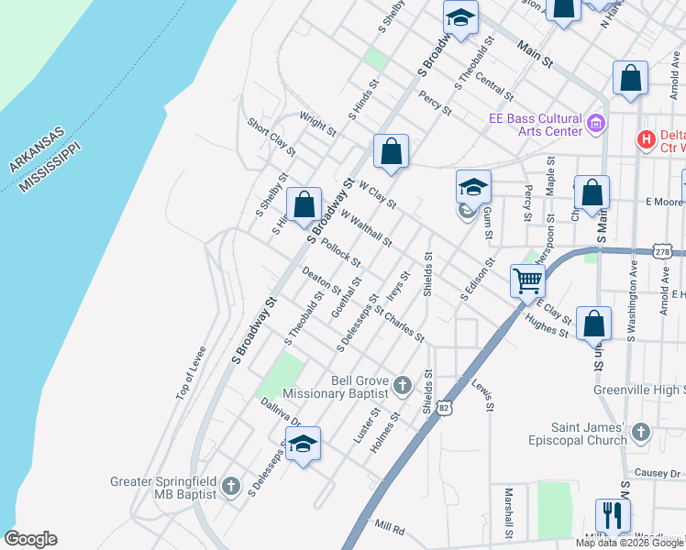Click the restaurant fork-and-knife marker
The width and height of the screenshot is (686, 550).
click(612, 514)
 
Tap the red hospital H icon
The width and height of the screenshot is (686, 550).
click(647, 140)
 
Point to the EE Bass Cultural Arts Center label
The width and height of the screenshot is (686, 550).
click(536, 125)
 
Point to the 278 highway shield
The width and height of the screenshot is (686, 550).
click(664, 251)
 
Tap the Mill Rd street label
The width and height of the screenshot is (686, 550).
click(389, 528)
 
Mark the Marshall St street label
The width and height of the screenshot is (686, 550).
click(507, 513)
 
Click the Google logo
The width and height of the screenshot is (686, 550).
click(30, 539)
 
